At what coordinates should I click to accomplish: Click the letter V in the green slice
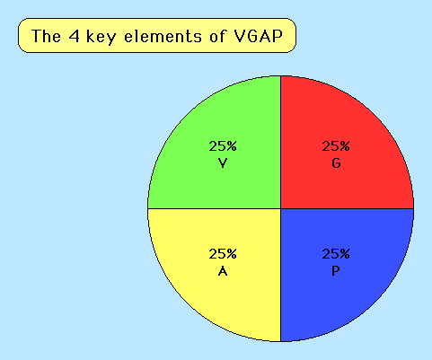223,163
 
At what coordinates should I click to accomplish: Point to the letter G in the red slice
336,163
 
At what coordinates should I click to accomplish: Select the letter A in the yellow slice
223,271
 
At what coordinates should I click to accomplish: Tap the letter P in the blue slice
336,271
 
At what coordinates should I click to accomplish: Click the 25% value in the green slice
223,146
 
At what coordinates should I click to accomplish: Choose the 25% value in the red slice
336,146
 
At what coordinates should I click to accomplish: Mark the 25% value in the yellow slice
223,254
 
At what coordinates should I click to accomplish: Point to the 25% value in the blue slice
336,254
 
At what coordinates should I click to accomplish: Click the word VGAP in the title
258,36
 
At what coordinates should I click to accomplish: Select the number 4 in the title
74,36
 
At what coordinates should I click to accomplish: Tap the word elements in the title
163,36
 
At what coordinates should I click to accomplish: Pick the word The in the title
46,36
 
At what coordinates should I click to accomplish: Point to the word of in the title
217,36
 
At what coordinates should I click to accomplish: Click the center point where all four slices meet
281,208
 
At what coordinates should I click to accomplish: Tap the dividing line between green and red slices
281,142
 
